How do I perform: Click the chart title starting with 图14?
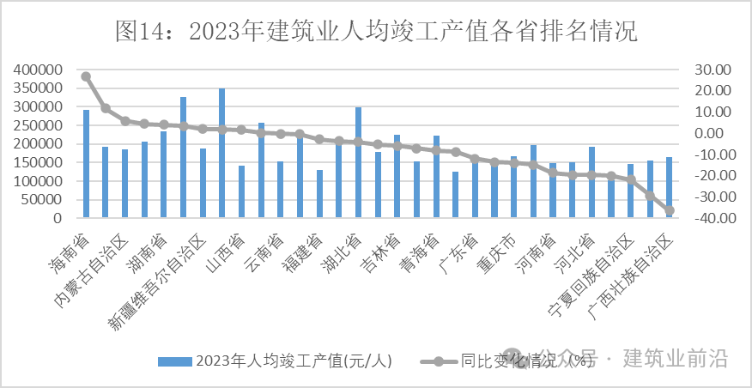[x=376, y=32]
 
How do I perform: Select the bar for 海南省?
[x=86, y=164]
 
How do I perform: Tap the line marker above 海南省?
[x=86, y=76]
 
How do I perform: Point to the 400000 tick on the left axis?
[x=38, y=70]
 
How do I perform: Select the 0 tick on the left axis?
[x=57, y=218]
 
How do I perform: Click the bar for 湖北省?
[x=358, y=163]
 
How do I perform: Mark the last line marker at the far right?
[x=670, y=210]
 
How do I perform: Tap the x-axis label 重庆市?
[x=496, y=250]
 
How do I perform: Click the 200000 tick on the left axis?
[x=38, y=144]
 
